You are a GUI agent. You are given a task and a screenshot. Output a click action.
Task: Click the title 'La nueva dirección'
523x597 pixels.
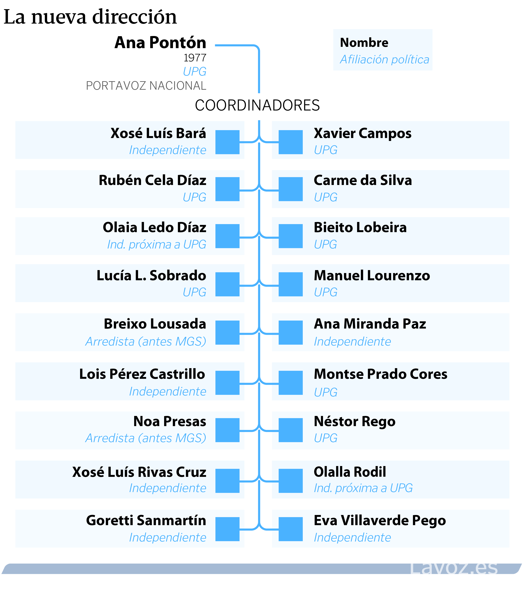pos(90,17)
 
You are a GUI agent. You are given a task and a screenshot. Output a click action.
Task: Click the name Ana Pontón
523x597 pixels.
pos(160,43)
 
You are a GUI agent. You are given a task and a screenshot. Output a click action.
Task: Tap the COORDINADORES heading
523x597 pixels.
pos(257,105)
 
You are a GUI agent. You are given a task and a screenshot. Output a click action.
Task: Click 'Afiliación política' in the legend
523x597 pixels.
pos(384,59)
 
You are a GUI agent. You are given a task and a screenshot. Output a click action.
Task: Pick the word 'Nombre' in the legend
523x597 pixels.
pos(364,43)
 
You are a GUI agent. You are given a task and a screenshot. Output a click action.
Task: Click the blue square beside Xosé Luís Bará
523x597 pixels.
pos(227,142)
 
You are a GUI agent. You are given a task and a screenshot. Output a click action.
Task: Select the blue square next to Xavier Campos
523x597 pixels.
pos(290,142)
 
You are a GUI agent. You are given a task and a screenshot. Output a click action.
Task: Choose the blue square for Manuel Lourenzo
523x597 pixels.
pos(290,284)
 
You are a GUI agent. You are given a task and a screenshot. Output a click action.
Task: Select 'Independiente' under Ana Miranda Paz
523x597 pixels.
pos(352,341)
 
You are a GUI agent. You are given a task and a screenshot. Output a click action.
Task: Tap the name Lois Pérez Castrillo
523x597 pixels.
pos(142,374)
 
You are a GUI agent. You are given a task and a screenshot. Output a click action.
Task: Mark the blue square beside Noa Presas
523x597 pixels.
pos(227,430)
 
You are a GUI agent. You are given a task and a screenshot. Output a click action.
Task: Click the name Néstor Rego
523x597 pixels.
pos(355,421)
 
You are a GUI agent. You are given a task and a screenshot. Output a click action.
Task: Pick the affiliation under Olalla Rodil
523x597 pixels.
pos(363,488)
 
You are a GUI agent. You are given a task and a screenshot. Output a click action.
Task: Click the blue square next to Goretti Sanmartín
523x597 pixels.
pos(227,529)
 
